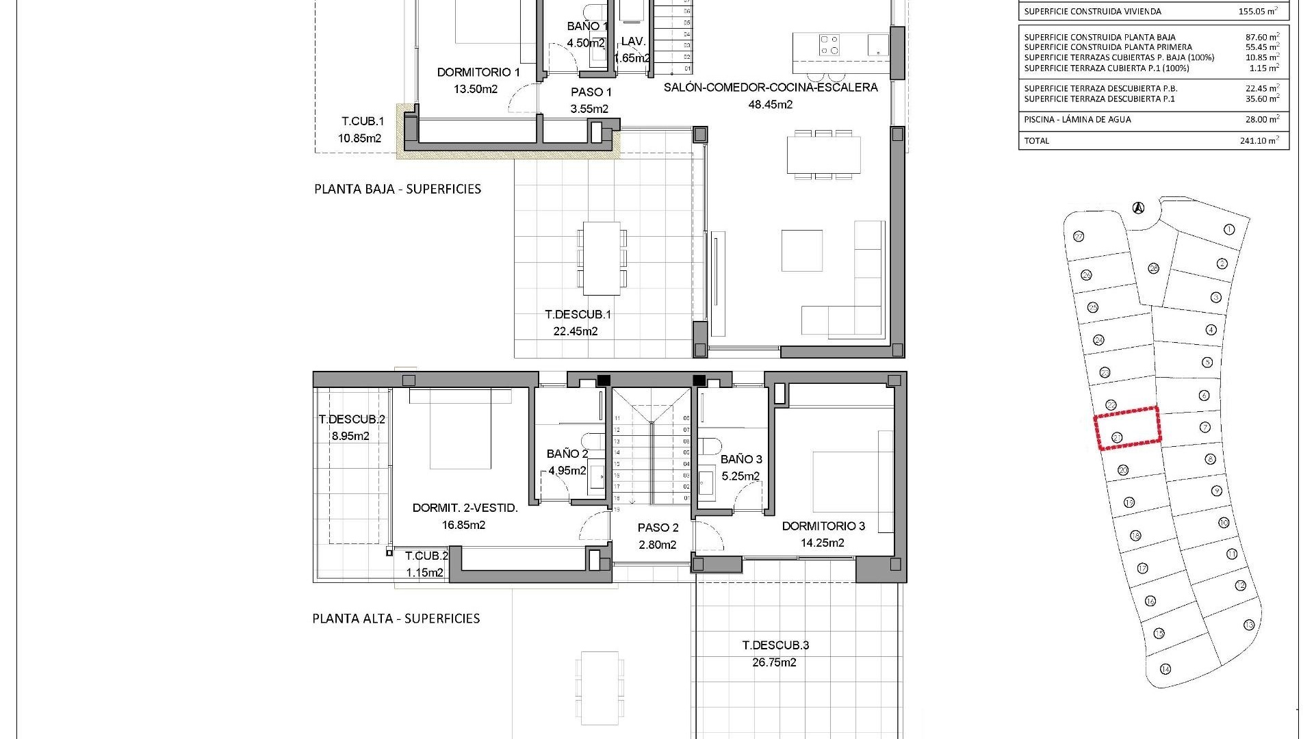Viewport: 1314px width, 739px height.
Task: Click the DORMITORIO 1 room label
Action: (x=478, y=72)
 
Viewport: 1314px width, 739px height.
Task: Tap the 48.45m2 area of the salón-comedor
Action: (x=771, y=105)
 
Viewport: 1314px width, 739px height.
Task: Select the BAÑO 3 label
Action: (x=741, y=459)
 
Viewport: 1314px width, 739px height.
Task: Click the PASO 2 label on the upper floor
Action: (x=658, y=528)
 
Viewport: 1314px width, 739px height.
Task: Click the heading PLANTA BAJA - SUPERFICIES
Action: (x=398, y=189)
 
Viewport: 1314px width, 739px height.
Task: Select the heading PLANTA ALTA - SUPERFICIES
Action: (x=396, y=619)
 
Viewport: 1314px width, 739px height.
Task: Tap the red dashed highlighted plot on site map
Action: (x=1128, y=428)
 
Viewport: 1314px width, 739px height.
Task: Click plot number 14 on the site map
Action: (x=1165, y=669)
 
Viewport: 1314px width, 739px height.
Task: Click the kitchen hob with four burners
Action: (x=829, y=45)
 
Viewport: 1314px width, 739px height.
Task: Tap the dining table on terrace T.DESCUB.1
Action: (x=602, y=258)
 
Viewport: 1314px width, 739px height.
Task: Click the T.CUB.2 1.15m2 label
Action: (x=426, y=565)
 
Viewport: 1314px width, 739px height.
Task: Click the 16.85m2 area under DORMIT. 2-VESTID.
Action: (x=463, y=525)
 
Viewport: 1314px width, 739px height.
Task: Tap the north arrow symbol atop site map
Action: (x=1138, y=207)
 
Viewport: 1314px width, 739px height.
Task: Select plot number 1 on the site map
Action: (x=1228, y=229)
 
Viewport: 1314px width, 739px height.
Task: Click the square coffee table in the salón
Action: (x=803, y=250)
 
